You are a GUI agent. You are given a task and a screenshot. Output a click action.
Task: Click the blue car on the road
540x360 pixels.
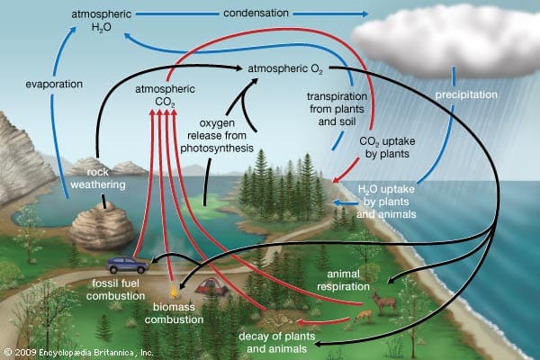click(127, 265)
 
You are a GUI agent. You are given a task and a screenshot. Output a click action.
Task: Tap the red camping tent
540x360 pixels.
click(211, 286)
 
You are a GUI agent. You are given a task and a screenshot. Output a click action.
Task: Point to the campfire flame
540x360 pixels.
click(174, 292)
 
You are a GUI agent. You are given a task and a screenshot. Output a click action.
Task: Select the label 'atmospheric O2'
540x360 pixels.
click(285, 69)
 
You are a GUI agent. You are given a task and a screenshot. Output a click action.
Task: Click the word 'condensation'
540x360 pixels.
click(256, 13)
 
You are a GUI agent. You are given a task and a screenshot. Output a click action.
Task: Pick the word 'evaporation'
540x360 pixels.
click(54, 84)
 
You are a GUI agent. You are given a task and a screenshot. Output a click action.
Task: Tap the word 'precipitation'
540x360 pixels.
click(466, 94)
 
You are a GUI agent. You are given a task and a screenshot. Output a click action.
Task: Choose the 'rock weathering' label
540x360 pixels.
click(98, 178)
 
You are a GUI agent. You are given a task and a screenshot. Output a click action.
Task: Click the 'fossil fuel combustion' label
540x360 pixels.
click(116, 290)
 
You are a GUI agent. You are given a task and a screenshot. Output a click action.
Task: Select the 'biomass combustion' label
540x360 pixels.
click(174, 313)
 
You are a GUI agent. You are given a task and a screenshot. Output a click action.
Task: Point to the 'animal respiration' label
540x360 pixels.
click(344, 280)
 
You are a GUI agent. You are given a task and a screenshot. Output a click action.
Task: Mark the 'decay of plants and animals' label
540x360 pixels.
click(277, 342)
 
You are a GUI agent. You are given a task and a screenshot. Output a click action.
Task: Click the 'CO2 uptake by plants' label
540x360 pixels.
click(387, 147)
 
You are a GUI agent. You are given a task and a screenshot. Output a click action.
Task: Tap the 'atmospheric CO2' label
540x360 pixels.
click(165, 95)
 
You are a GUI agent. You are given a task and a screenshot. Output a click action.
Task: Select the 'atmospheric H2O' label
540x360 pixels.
click(102, 21)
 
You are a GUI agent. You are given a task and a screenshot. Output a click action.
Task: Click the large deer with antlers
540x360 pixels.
click(383, 302)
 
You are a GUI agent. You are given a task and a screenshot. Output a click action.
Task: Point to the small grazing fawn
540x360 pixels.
click(364, 315)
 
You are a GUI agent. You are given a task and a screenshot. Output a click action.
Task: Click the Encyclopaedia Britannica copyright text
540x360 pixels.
click(79, 353)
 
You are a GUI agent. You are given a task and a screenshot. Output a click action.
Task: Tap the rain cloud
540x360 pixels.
click(445, 41)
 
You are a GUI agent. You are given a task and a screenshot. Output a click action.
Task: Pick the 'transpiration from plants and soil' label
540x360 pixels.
click(337, 109)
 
